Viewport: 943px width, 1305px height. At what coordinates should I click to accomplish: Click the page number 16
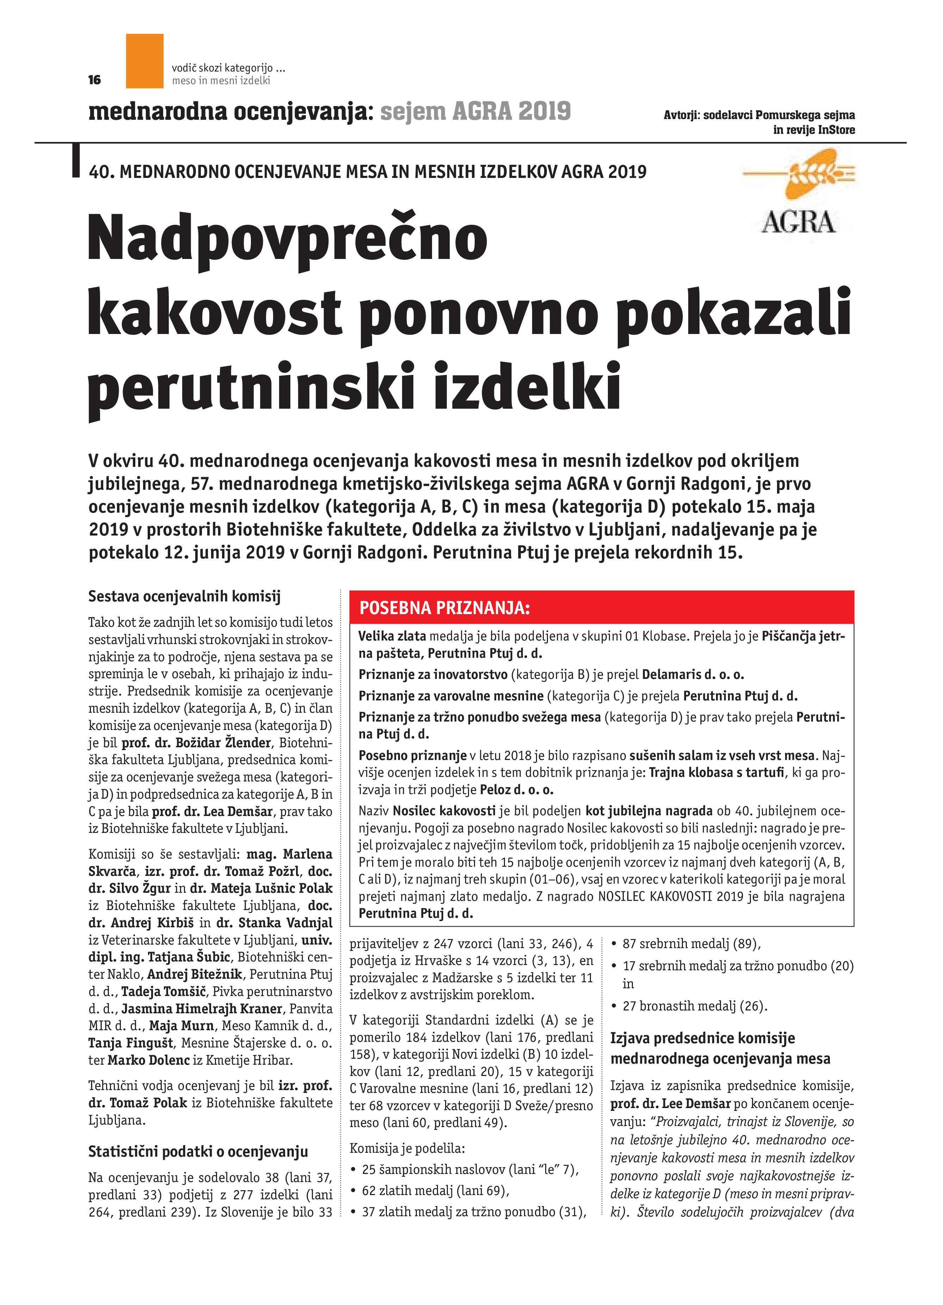(x=94, y=80)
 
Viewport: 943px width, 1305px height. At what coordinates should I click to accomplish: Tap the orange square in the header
(x=144, y=61)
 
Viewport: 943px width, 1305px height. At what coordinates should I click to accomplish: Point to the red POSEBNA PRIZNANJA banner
(x=601, y=608)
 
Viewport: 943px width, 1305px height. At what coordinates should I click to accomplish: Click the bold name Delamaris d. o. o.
(x=693, y=674)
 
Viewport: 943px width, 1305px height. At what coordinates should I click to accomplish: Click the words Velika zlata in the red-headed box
(x=392, y=636)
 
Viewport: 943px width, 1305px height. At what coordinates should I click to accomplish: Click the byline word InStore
(x=836, y=130)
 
